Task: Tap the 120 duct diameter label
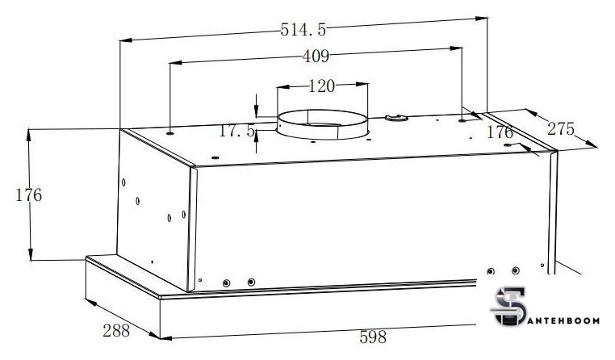[321, 86]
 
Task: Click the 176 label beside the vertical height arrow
[28, 195]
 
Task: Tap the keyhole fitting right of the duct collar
[395, 119]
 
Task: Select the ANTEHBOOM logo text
[566, 320]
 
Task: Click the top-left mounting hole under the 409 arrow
[170, 127]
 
